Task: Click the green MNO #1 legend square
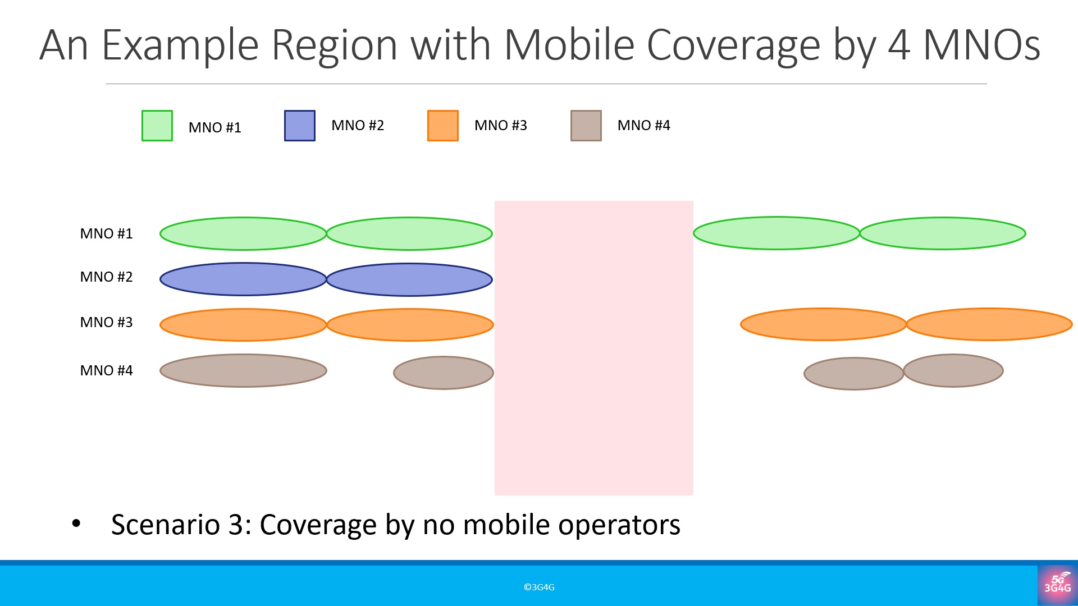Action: [157, 126]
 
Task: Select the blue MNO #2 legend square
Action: [300, 126]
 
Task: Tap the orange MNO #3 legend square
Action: [443, 126]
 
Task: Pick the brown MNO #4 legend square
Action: [586, 126]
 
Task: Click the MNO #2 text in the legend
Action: [358, 125]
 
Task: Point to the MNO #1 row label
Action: [106, 233]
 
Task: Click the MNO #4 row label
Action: [106, 370]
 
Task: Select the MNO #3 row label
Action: [106, 322]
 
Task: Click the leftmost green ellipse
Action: [243, 233]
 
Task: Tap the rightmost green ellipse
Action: [943, 233]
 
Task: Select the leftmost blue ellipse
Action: [243, 279]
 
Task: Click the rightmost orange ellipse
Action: [989, 324]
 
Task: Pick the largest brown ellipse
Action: [243, 370]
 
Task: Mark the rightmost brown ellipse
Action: [953, 370]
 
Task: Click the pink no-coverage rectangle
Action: [594, 348]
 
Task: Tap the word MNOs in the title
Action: [982, 45]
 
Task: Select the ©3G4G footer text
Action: [539, 587]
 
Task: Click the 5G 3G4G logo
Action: [1058, 585]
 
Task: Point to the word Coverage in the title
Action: [734, 46]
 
